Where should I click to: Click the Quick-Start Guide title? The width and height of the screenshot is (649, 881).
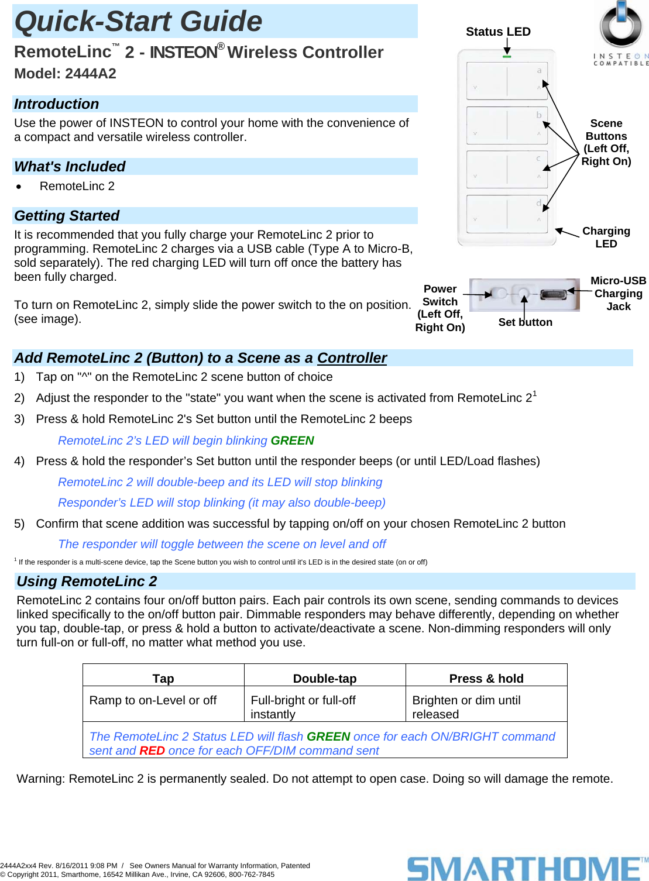coord(139,22)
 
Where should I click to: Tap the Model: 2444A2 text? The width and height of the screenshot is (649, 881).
coord(65,74)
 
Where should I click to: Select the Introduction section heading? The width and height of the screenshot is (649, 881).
coord(57,104)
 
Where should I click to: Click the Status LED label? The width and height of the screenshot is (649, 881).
coord(498,32)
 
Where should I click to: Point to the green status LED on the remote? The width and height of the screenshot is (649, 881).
coord(507,56)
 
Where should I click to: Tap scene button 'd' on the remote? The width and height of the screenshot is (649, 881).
coord(507,213)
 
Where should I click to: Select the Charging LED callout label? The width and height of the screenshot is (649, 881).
coord(606,238)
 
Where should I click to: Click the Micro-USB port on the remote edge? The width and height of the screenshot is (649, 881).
coord(552,294)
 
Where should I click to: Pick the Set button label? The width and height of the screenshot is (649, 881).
coord(525,322)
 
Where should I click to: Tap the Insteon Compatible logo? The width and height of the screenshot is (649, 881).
coord(621,33)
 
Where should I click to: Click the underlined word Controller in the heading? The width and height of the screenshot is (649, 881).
coord(352,358)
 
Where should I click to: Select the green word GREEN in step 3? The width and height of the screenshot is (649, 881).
coord(292,440)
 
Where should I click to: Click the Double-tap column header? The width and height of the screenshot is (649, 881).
coord(325,679)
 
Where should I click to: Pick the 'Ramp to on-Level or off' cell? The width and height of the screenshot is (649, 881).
coord(153,700)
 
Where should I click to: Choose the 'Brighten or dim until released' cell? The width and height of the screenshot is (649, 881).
coord(466,707)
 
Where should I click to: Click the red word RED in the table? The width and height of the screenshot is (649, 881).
coord(152,751)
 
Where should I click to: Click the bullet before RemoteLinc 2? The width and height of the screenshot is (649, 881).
coord(19,187)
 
